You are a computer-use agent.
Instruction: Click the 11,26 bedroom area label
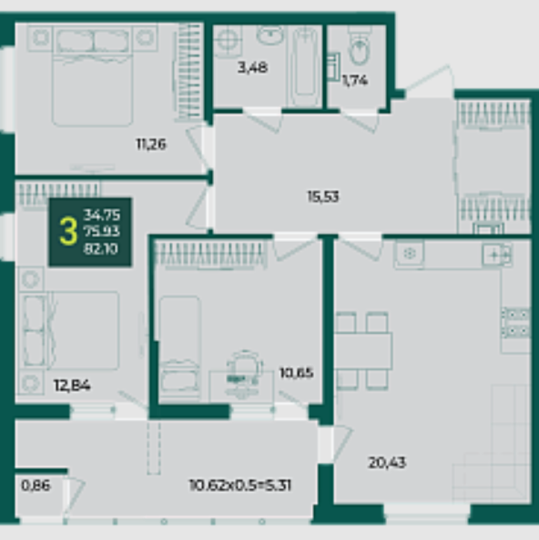(151, 144)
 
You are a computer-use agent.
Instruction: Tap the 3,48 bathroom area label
(252, 67)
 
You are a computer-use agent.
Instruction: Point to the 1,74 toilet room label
(355, 80)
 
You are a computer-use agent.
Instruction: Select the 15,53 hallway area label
(323, 196)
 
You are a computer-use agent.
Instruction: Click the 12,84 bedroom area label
(73, 385)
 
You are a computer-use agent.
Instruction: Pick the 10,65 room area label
(296, 373)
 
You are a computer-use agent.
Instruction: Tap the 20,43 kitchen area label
(387, 463)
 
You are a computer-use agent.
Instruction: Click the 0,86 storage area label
(36, 485)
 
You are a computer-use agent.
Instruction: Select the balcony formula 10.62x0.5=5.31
(240, 485)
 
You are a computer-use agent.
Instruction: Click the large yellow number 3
(68, 232)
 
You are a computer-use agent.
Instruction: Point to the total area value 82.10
(101, 249)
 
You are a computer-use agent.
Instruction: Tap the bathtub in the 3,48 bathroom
(305, 66)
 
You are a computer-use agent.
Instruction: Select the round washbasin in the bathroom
(270, 35)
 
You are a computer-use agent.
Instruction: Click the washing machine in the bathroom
(228, 41)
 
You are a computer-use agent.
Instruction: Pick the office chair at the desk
(244, 374)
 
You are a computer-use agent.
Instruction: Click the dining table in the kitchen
(363, 351)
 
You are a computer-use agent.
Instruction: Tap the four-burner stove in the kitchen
(515, 323)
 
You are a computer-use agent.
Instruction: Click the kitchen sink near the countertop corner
(496, 255)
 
